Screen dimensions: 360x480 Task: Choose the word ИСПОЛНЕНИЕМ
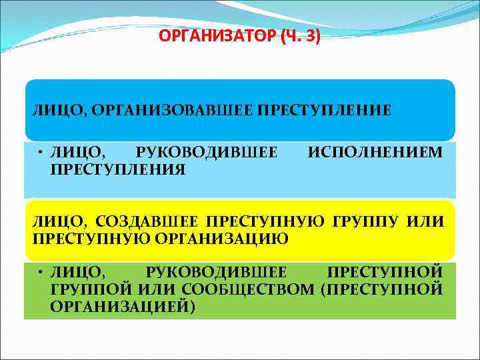pyautogui.click(x=374, y=152)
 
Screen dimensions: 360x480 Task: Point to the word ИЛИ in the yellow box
pyautogui.click(x=427, y=222)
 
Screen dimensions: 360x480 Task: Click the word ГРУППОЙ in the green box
pyautogui.click(x=90, y=289)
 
